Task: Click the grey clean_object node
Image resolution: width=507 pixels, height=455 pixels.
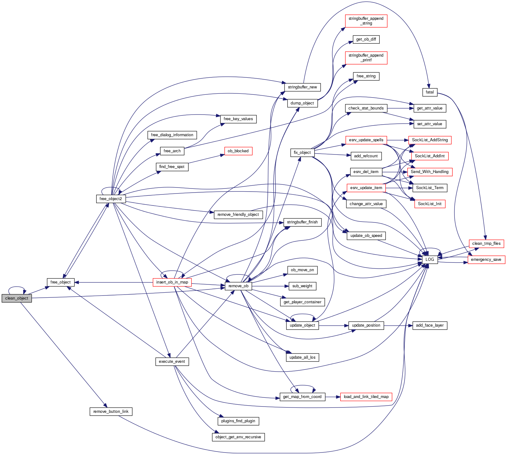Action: coord(17,298)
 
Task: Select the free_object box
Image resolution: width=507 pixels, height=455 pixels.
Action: coord(60,282)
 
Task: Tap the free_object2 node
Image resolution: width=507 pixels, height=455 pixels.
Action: coord(111,199)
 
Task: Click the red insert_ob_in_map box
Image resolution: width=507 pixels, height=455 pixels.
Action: coord(172,282)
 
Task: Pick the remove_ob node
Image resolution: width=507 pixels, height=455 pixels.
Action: coord(238,286)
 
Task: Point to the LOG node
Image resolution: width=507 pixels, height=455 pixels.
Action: coord(430,260)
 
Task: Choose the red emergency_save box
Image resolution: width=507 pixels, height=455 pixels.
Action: coord(486,260)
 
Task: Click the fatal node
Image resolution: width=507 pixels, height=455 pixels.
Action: coord(430,92)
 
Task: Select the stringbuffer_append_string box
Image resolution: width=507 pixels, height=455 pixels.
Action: coord(366,21)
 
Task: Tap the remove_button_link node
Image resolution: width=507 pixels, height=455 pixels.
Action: coord(111,412)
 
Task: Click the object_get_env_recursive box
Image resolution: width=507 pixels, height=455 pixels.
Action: coord(238,437)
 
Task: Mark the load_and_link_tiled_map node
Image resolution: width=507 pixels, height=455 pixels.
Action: coord(366,397)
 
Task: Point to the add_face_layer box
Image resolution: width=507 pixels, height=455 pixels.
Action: coord(430,325)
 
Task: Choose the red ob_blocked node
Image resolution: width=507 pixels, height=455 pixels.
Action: coord(238,151)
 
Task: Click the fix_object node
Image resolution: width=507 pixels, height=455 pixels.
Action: coord(302,153)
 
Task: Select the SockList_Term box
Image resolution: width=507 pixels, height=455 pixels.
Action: coord(430,188)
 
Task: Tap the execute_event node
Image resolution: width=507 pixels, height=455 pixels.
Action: coord(172,362)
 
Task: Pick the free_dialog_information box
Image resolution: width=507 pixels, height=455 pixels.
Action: coord(172,135)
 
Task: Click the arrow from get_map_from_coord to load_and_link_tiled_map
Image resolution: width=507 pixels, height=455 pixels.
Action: coord(333,397)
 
